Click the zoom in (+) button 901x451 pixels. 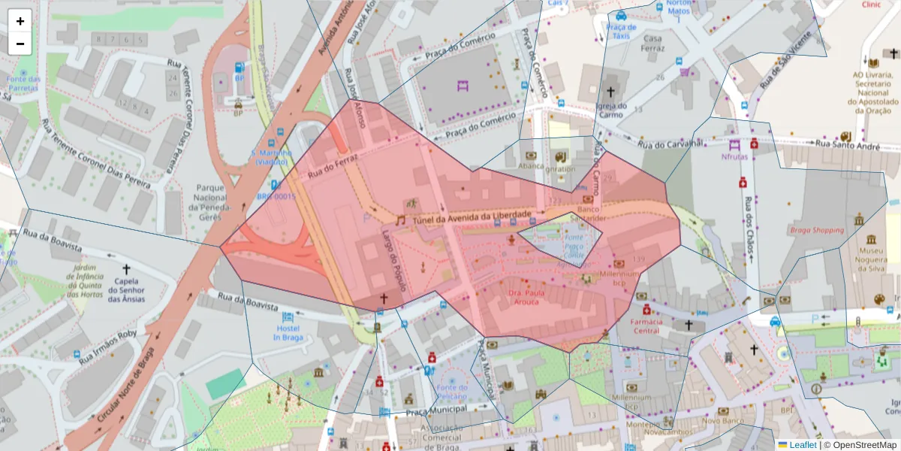pyautogui.click(x=20, y=21)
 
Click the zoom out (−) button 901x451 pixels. pyautogui.click(x=20, y=44)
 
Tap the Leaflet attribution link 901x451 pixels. pyautogui.click(x=802, y=445)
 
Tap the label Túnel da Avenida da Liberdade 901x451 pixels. pyautogui.click(x=472, y=217)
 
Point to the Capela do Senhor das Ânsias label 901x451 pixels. pyautogui.click(x=126, y=290)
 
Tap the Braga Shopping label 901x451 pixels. pyautogui.click(x=816, y=230)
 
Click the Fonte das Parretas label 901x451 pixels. pyautogui.click(x=23, y=83)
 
